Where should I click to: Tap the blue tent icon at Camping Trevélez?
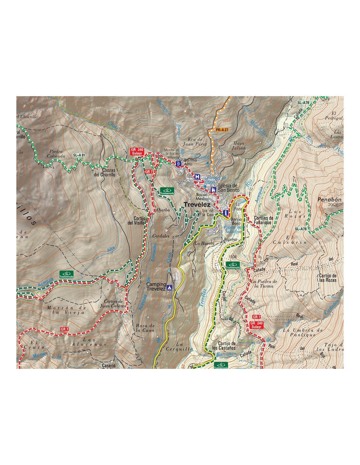[x=170, y=288]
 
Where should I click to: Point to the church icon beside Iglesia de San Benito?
[x=213, y=189]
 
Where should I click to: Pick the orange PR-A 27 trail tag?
[x=222, y=130]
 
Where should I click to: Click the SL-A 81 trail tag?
[x=79, y=155]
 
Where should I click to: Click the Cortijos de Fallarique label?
[x=263, y=220]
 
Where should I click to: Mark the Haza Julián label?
[x=239, y=146]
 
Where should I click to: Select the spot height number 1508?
[x=233, y=257]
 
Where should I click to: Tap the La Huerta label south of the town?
[x=205, y=244]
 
